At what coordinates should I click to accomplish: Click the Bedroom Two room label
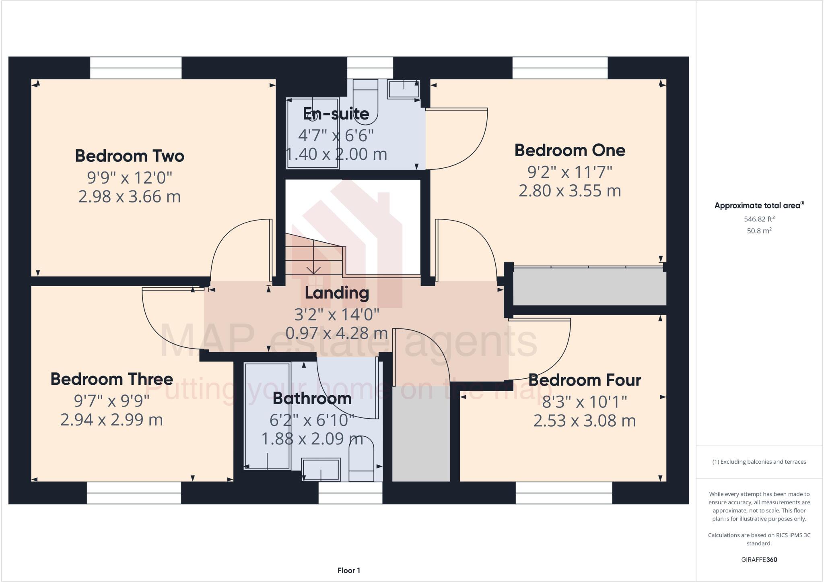[x=130, y=156]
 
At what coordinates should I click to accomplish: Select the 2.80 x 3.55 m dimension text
[x=570, y=191]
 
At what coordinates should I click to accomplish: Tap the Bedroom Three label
[x=112, y=379]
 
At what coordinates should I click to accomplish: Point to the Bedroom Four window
[x=564, y=493]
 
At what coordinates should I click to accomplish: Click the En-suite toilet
[x=365, y=101]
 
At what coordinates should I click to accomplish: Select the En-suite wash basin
[x=403, y=89]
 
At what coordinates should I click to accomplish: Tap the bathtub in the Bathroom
[x=267, y=416]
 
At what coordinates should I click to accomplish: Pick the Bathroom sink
[x=321, y=470]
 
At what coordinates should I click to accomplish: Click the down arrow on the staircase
[x=313, y=269]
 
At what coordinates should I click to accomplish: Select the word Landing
[x=337, y=293]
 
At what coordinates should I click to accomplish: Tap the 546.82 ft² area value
[x=759, y=219]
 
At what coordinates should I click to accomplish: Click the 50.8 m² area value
[x=759, y=231]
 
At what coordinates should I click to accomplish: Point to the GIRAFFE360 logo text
[x=759, y=559]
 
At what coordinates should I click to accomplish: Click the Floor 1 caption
[x=349, y=570]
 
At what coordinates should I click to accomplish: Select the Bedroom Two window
[x=136, y=68]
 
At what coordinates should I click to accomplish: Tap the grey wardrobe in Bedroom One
[x=589, y=287]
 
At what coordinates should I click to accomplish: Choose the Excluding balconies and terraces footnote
[x=759, y=462]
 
